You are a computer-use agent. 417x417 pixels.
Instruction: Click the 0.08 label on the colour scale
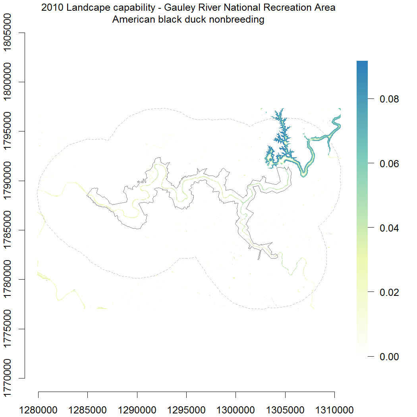[x=389, y=99]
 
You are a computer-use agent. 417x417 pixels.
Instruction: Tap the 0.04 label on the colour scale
[x=389, y=228]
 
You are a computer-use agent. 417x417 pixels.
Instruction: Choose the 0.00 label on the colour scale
[x=389, y=357]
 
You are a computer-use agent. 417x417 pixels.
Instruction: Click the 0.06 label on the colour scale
[x=389, y=164]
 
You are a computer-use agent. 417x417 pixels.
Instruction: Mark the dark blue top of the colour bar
[x=362, y=64]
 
